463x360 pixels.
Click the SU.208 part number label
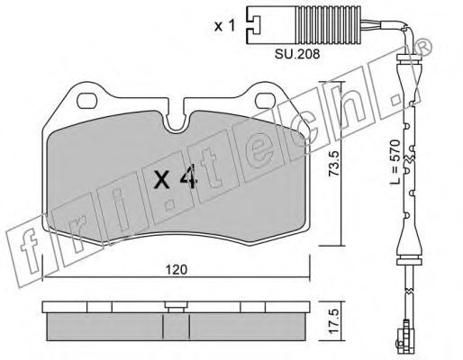297,54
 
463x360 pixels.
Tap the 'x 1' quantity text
224,26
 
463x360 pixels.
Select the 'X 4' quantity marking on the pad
176,178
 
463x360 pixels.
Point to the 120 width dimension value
177,270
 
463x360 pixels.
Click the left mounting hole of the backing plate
87,101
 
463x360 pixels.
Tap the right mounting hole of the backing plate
266,101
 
